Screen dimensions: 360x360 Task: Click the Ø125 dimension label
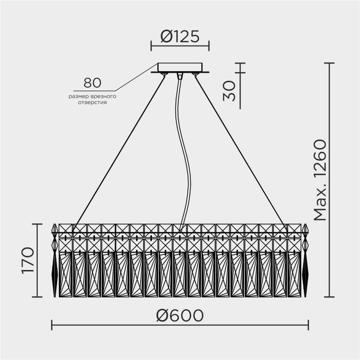click(x=180, y=37)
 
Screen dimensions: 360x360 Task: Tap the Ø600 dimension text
click(x=180, y=316)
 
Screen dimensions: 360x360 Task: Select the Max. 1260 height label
click(x=320, y=180)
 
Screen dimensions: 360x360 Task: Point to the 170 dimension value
click(x=28, y=260)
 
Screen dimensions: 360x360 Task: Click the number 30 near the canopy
click(x=229, y=91)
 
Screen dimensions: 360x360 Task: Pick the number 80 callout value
click(x=93, y=83)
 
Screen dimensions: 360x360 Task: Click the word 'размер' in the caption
click(x=78, y=97)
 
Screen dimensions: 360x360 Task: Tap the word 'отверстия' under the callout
click(x=93, y=103)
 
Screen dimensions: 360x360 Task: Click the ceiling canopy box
click(x=180, y=67)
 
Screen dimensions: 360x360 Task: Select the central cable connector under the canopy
click(x=180, y=76)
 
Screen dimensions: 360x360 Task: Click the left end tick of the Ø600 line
click(x=52, y=325)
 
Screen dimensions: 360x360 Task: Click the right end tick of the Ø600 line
click(x=308, y=325)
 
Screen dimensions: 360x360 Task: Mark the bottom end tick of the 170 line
click(x=37, y=297)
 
